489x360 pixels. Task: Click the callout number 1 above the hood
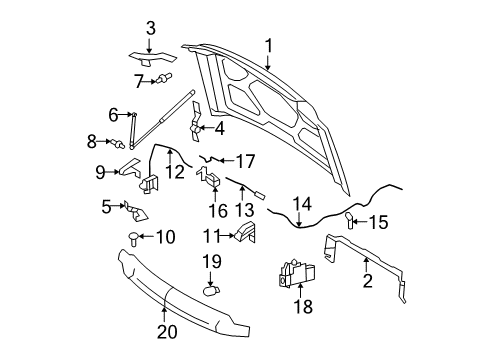point(268,44)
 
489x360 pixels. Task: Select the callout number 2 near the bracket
point(367,283)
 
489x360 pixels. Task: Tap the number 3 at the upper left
point(151,28)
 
